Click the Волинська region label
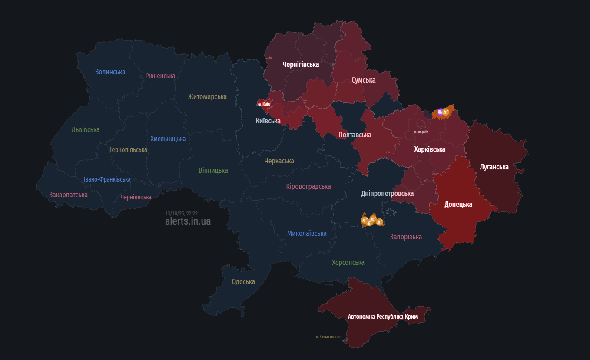pos(110,72)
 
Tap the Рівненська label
pos(160,76)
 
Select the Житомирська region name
pos(207,96)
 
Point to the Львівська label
pos(86,130)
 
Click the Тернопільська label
pos(128,150)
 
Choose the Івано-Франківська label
pos(107,180)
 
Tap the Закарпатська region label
pos(68,195)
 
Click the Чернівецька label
pos(136,198)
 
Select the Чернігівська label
pos(301,65)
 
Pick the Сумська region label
pos(364,80)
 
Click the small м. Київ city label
pos(264,104)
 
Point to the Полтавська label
pos(355,135)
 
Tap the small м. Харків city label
pos(421,132)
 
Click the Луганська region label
pos(494,167)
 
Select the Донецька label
pos(458,205)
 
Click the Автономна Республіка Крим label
pos(382,317)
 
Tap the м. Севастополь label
pos(328,337)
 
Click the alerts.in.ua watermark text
pos(188,221)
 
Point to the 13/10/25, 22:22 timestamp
pos(181,214)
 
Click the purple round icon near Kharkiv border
pos(440,112)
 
